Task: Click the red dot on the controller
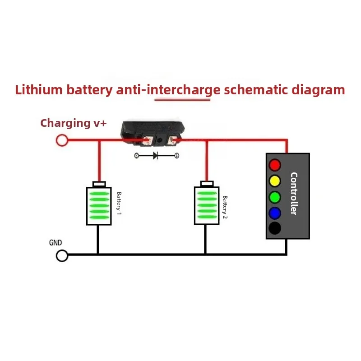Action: [275, 165]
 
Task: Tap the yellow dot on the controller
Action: [275, 181]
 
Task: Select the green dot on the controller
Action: [275, 197]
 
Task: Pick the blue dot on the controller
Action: [275, 213]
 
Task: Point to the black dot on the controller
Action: [275, 228]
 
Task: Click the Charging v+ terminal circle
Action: [62, 140]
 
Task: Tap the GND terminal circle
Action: [62, 255]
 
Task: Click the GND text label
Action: [56, 243]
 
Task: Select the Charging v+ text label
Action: [74, 123]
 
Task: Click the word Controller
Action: [294, 194]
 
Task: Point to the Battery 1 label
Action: [119, 204]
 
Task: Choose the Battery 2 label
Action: [225, 207]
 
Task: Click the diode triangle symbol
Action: [155, 156]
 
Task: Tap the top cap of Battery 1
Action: [99, 184]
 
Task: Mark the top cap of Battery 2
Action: [207, 184]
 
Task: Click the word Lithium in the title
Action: [39, 89]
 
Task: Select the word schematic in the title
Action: [256, 89]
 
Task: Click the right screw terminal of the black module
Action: [172, 141]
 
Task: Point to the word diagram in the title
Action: [318, 90]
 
